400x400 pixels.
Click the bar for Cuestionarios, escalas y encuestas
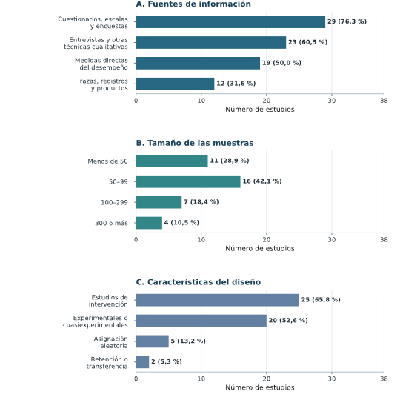[230, 22]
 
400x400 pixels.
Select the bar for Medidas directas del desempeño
[198, 63]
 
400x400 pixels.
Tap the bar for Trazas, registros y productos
[175, 84]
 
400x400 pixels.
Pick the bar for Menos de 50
[172, 161]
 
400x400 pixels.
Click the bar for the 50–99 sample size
[188, 181]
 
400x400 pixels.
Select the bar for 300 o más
[149, 223]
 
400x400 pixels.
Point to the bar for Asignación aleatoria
[153, 341]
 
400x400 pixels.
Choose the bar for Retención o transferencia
[142, 362]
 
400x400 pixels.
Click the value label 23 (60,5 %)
[307, 42]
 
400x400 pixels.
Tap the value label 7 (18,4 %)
[201, 201]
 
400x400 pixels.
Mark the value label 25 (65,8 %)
[321, 299]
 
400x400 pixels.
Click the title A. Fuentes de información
[193, 4]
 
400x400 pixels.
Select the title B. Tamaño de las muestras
[195, 143]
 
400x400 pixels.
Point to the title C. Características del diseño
[199, 282]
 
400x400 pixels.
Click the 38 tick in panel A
[384, 101]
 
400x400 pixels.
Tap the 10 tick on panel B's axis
[201, 240]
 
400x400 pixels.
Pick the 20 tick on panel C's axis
[267, 379]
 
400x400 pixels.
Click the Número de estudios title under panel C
[260, 387]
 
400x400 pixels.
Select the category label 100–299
[114, 202]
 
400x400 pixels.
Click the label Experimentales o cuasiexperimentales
[96, 321]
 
